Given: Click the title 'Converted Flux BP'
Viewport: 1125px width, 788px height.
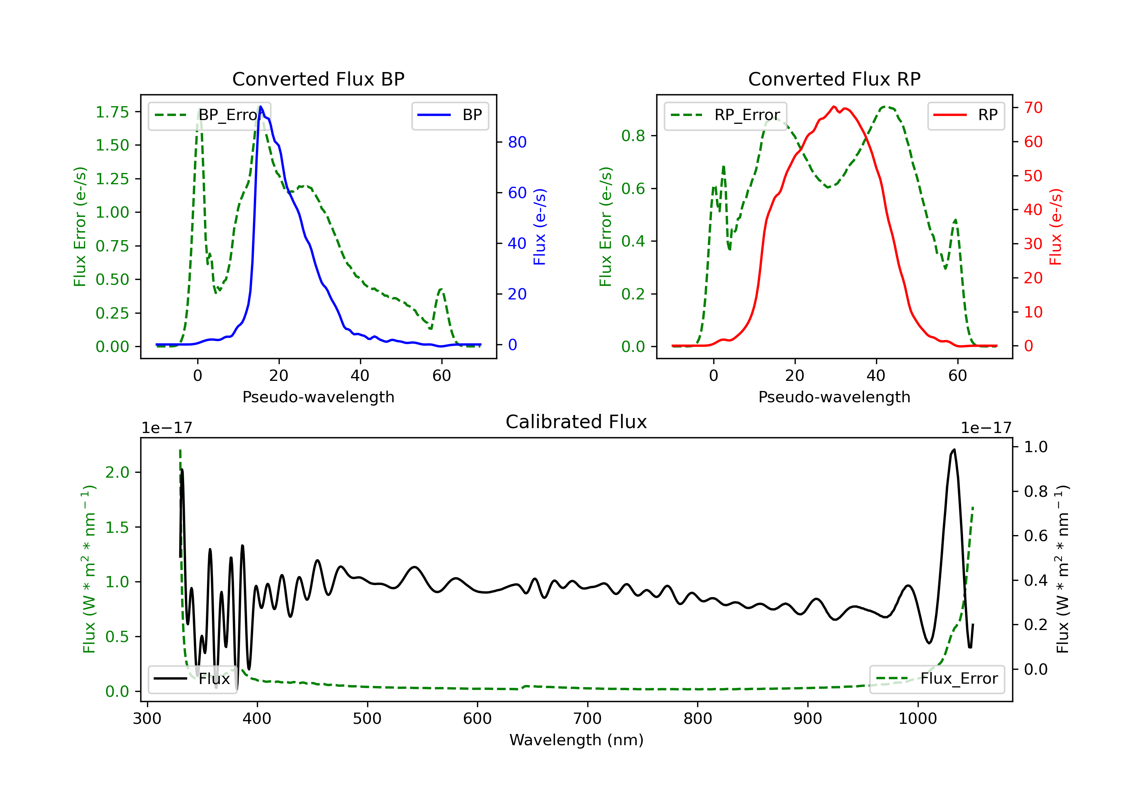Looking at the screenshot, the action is (318, 79).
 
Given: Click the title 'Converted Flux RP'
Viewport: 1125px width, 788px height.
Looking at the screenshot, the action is (834, 79).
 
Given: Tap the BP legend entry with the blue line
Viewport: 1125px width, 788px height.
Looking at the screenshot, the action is (450, 115).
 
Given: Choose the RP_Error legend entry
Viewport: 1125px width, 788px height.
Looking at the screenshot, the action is (725, 115).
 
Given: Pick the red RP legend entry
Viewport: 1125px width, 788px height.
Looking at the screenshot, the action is (966, 115).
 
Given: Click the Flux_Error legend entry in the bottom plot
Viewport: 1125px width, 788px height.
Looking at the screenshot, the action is (936, 679).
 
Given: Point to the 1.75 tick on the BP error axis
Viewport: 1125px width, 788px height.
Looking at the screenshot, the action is (112, 112).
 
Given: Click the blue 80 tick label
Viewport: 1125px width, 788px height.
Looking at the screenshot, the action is (517, 142).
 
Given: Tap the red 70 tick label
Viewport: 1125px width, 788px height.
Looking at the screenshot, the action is (1033, 107).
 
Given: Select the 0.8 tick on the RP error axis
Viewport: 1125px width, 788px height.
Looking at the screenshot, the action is (633, 135).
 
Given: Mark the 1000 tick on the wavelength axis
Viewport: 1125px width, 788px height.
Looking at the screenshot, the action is (917, 719).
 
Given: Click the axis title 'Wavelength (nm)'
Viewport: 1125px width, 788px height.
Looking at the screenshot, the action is (576, 740).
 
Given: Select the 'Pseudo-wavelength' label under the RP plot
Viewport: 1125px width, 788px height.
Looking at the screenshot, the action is (834, 397).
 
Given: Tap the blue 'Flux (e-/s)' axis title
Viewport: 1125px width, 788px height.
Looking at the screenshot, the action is (540, 227).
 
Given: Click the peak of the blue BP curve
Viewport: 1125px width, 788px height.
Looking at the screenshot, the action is (261, 107).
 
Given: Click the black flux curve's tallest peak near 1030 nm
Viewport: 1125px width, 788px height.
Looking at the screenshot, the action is (954, 450).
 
